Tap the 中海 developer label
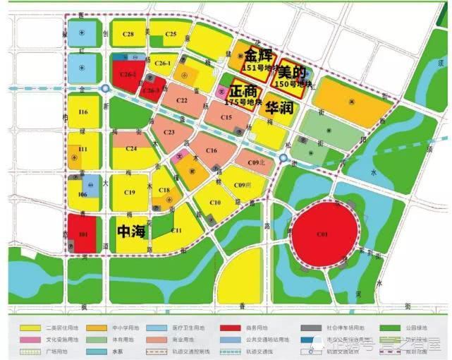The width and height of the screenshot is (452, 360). (x=131, y=230)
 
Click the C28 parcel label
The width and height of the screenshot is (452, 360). (x=128, y=34)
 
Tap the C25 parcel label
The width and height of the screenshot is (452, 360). (x=171, y=34)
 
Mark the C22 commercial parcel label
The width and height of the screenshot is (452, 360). (x=181, y=102)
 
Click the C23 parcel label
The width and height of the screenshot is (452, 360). (x=169, y=131)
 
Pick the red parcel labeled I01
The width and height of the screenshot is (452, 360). (x=83, y=234)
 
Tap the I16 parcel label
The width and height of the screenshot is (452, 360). (x=83, y=112)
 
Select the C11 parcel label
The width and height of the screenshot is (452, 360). (x=176, y=231)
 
